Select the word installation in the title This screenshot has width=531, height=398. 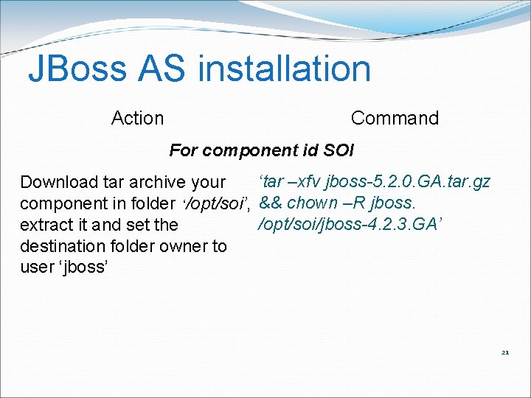point(285,69)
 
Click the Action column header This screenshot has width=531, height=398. point(137,118)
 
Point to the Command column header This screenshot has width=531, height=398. point(395,118)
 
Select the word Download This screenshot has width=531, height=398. point(59,182)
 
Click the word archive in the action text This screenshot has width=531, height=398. point(160,182)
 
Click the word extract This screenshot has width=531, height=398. point(45,224)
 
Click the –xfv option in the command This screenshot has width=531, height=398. point(305,181)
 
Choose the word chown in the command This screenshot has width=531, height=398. point(316,203)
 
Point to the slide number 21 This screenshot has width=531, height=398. point(505,352)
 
